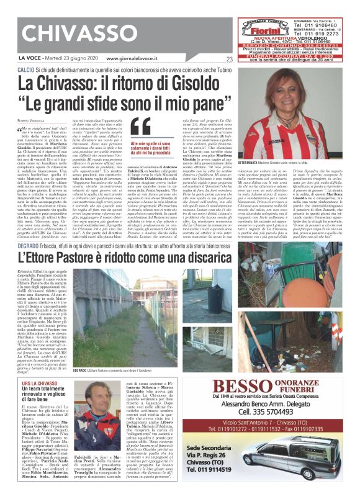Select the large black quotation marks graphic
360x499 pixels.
141,126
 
